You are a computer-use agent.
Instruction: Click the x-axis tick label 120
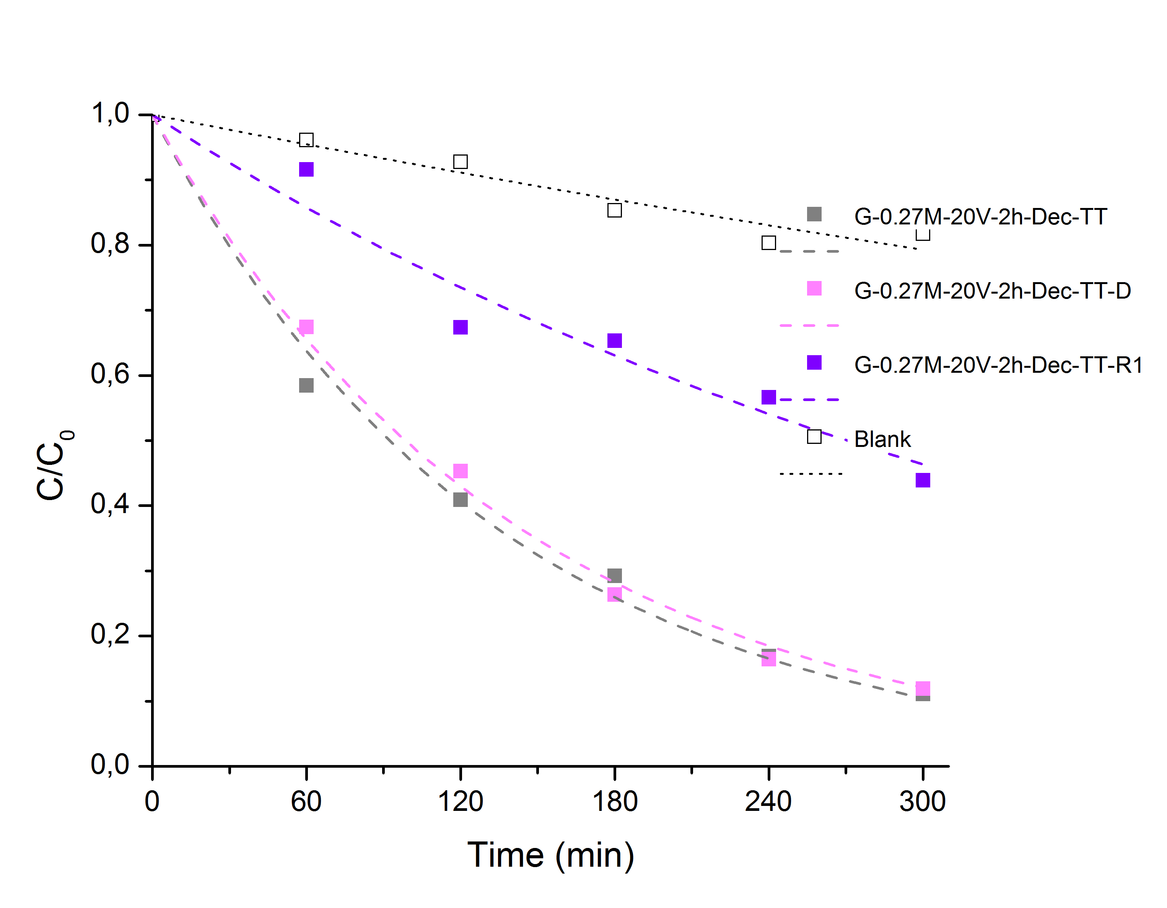(460, 802)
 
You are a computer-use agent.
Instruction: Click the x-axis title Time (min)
(551, 855)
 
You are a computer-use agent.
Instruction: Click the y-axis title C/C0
(54, 465)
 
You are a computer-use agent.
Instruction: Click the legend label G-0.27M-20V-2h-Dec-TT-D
(992, 291)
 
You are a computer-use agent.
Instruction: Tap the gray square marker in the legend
(814, 214)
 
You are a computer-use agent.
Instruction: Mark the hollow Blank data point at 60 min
(306, 140)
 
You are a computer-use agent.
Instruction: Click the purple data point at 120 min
(460, 327)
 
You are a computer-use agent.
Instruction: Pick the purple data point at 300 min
(923, 480)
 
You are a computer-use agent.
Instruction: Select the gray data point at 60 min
(306, 385)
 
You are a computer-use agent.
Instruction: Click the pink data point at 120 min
(460, 471)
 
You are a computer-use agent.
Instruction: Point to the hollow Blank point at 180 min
(615, 210)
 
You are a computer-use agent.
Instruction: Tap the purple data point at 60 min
(306, 169)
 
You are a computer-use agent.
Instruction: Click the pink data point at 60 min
(306, 327)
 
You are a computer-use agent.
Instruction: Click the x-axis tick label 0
(152, 802)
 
